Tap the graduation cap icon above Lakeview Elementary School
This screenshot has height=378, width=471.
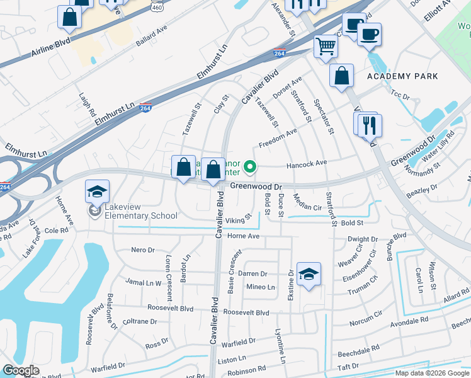click(x=98, y=191)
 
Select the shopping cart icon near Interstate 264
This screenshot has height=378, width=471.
click(x=326, y=45)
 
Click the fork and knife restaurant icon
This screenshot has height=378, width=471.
click(x=369, y=125)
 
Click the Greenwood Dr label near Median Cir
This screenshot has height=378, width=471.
click(x=255, y=186)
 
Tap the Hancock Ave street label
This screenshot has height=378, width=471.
click(x=307, y=163)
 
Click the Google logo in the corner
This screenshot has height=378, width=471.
click(x=20, y=370)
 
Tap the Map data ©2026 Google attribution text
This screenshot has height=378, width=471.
click(x=433, y=373)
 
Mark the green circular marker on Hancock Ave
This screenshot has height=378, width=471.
click(x=250, y=167)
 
